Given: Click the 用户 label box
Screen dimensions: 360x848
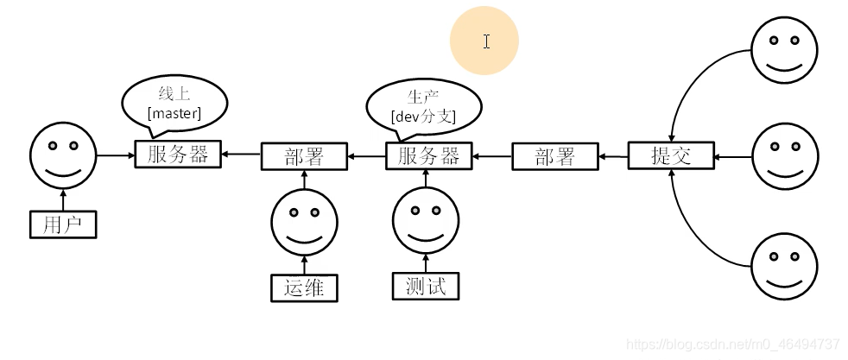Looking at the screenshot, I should (x=62, y=224).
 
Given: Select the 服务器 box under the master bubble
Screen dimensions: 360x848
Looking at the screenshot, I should (x=178, y=155).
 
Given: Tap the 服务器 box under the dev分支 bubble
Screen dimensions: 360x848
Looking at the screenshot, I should (x=429, y=156).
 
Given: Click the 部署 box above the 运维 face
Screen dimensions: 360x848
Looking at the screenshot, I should (x=304, y=157).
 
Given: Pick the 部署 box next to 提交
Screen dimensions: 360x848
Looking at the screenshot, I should (x=555, y=157).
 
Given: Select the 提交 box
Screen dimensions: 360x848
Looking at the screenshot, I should (x=671, y=155).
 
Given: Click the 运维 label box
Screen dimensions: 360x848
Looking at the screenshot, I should (x=304, y=287).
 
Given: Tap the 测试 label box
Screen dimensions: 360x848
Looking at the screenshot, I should (x=426, y=286).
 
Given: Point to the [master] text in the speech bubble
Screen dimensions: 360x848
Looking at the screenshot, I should (x=174, y=113).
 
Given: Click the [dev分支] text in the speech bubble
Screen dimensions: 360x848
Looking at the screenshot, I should (x=423, y=116).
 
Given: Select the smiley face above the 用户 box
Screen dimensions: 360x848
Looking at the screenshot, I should (x=62, y=155).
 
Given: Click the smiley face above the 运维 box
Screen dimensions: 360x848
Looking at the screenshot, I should (x=303, y=222).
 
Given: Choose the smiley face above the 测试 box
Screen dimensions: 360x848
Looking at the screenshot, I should (x=425, y=221).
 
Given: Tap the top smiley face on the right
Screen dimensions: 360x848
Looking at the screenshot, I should (x=784, y=49).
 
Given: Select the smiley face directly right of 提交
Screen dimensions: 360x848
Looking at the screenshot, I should (x=784, y=157).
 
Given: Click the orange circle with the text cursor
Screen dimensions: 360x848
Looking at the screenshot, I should (x=484, y=41).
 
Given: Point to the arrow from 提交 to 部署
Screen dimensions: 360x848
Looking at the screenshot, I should (x=613, y=157).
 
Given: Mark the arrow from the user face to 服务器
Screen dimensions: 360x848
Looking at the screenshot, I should (x=114, y=155).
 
